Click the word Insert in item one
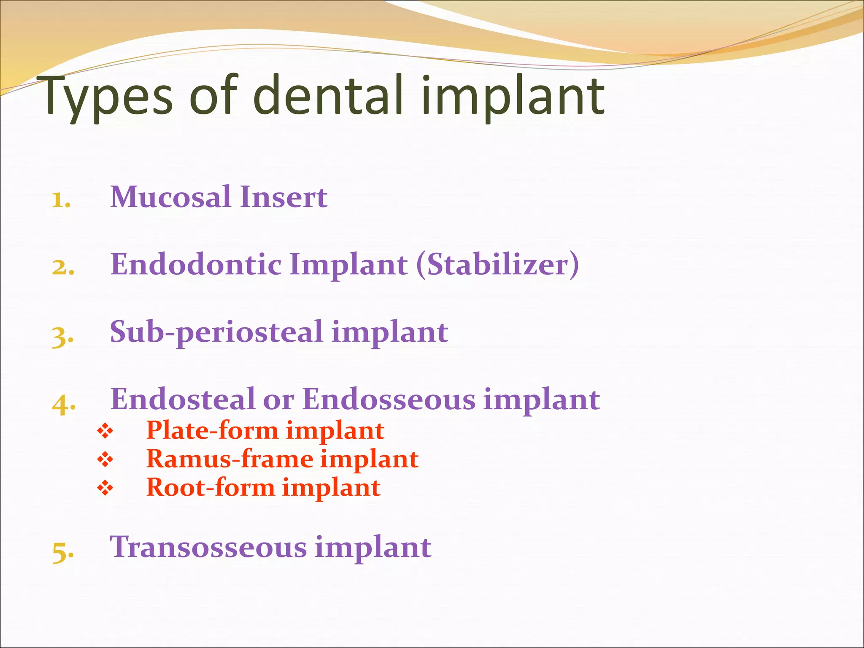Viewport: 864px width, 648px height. coord(283,197)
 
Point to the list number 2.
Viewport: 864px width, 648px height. coord(63,267)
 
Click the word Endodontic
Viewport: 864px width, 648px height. coord(196,265)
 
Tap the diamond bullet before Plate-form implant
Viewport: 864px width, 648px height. coord(105,431)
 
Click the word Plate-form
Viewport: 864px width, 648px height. coord(212,430)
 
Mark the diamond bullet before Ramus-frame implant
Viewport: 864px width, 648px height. coord(105,459)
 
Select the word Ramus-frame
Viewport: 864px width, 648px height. coord(229,459)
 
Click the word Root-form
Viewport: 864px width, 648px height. coord(210,487)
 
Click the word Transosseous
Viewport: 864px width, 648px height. coord(208,547)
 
